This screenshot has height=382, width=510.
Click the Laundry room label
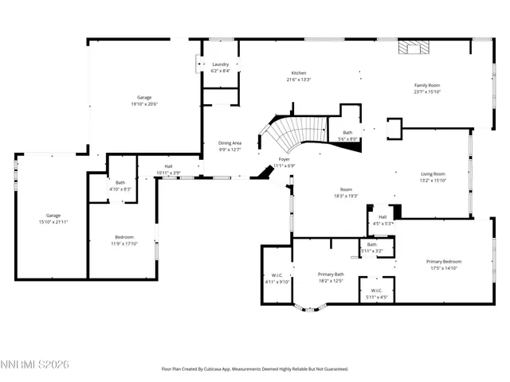click(x=221, y=64)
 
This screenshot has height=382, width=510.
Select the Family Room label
click(x=427, y=85)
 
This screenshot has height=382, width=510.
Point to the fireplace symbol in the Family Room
click(x=412, y=47)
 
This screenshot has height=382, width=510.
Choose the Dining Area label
click(x=229, y=143)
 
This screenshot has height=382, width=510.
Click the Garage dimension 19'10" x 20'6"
click(x=144, y=104)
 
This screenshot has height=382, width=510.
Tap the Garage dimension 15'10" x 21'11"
click(x=53, y=222)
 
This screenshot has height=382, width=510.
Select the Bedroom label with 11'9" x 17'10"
click(x=124, y=236)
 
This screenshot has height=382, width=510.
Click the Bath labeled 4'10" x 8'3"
click(x=120, y=182)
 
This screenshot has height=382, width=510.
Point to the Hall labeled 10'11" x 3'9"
click(x=168, y=166)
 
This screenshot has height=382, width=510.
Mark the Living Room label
click(x=433, y=173)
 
